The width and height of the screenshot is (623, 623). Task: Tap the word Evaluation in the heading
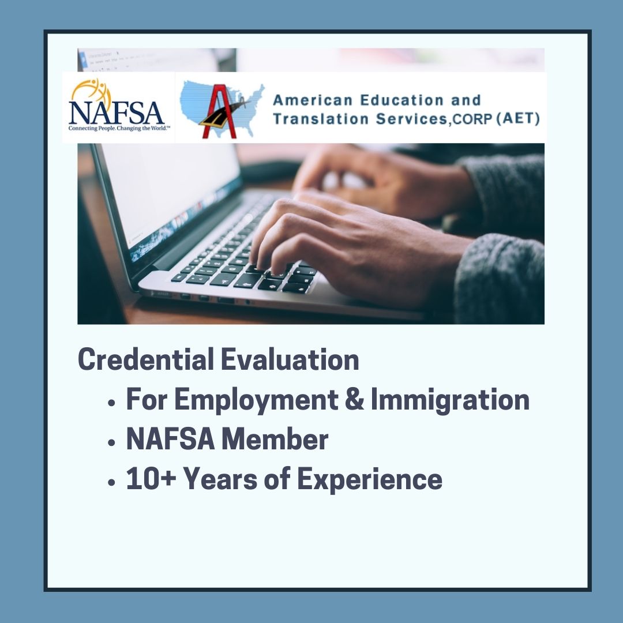point(290,360)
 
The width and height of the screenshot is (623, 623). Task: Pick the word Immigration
point(450,400)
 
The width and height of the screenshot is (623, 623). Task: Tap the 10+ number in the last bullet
point(148,479)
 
